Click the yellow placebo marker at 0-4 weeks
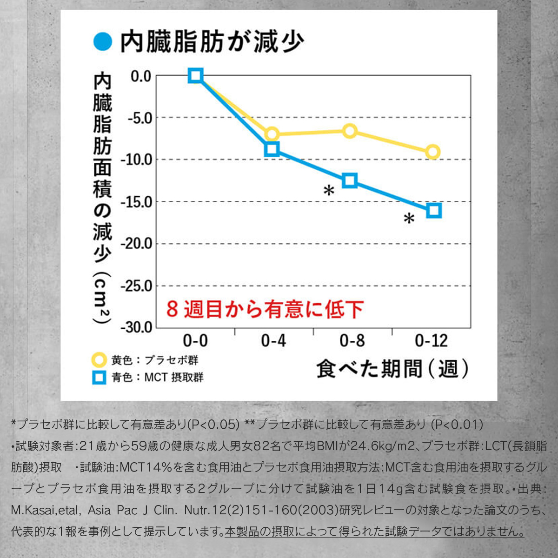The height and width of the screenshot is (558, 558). tap(272, 135)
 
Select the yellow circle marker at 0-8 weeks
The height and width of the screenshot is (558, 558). tap(350, 131)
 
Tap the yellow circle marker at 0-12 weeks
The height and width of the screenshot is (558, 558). tap(433, 152)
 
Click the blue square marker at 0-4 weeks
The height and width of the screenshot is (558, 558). tap(272, 149)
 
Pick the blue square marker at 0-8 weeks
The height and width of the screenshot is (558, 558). tap(350, 180)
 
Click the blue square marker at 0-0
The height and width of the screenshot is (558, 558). tap(196, 75)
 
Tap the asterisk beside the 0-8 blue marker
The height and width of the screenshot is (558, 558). tap(329, 191)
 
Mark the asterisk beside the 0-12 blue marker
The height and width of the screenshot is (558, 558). tap(409, 219)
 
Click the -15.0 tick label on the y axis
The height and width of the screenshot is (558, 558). tap(136, 202)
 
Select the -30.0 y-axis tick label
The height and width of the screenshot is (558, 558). tap(136, 327)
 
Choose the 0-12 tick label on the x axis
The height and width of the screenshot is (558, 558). tap(431, 342)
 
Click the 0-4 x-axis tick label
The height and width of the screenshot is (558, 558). tap(273, 342)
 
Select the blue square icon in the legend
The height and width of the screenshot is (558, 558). tap(99, 377)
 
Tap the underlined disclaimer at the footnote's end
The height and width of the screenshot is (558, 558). tap(374, 531)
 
